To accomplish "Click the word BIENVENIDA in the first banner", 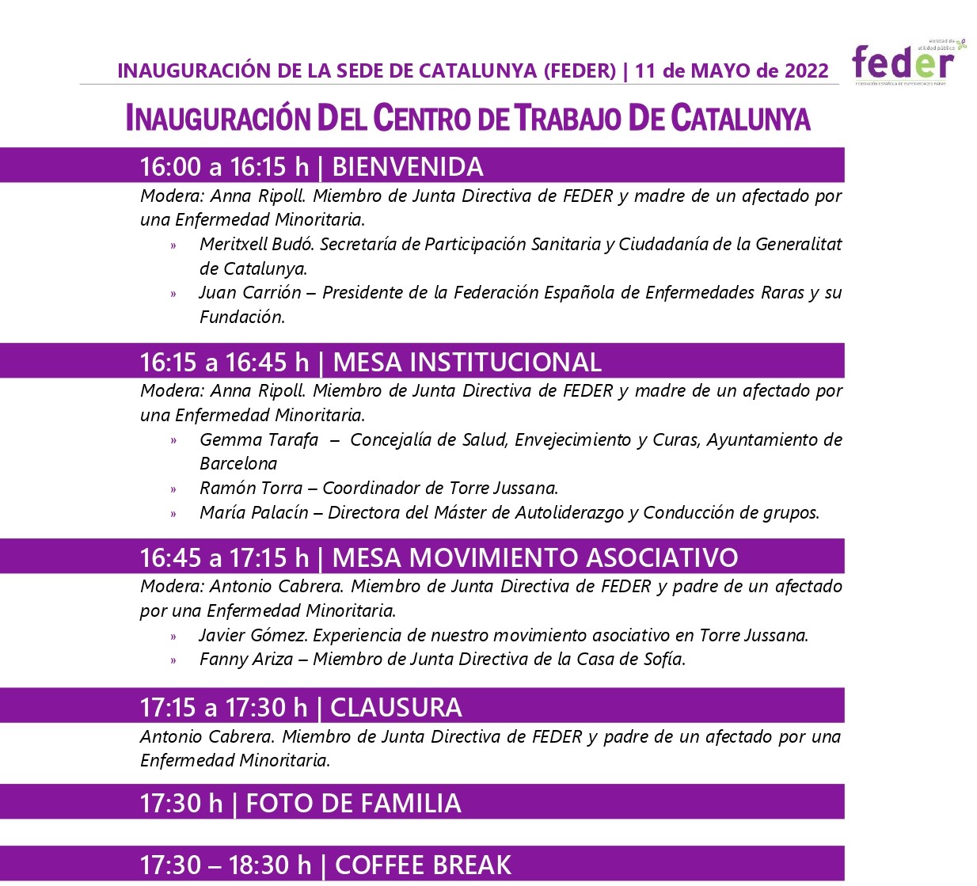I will (408, 166).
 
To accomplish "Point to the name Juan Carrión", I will (250, 292).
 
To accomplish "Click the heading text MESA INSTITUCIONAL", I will (467, 362).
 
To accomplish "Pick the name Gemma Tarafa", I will (259, 439).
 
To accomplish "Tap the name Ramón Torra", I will (251, 488).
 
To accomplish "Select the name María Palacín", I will (253, 512).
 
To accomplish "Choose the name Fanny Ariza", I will (246, 659).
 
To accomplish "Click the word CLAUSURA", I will (396, 707).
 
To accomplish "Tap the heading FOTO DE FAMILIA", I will (353, 803).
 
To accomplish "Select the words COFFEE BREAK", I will (423, 865).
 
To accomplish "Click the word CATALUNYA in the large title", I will (740, 118).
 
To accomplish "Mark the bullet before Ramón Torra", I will (173, 489).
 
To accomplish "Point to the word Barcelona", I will (238, 463).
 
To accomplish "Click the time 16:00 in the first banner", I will (170, 166).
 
